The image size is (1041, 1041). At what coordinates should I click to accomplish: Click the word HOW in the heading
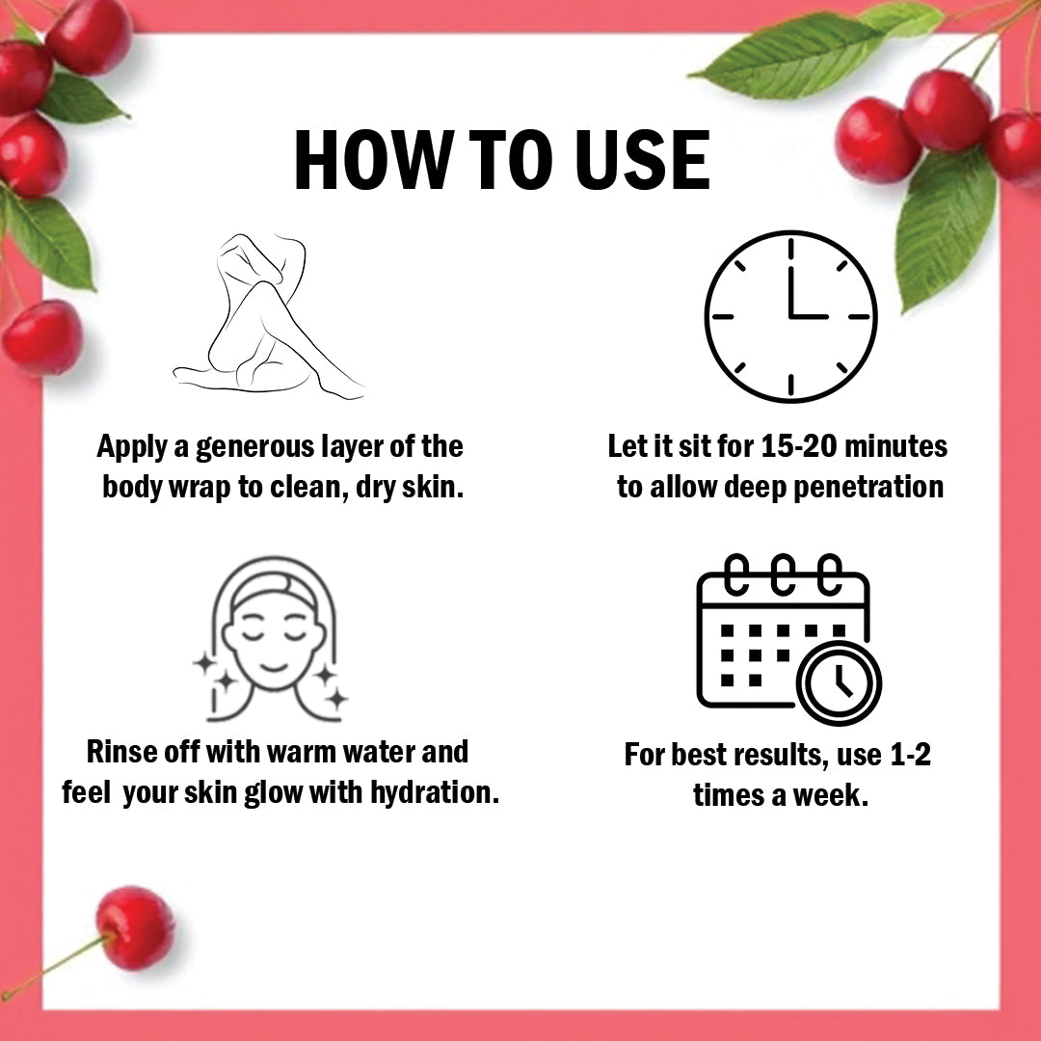(370, 160)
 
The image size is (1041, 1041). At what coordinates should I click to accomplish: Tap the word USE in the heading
(643, 160)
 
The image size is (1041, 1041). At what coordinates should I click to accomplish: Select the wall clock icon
(790, 316)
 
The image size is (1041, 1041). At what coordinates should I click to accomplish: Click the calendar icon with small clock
(788, 639)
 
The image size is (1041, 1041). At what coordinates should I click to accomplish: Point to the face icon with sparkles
(271, 639)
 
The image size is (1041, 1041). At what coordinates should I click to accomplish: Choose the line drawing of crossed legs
(268, 316)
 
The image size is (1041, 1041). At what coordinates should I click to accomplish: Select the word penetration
(868, 488)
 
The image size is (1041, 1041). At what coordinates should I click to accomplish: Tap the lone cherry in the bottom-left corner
(135, 927)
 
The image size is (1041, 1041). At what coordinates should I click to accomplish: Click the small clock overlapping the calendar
(840, 683)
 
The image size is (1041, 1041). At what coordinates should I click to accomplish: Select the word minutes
(895, 446)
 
